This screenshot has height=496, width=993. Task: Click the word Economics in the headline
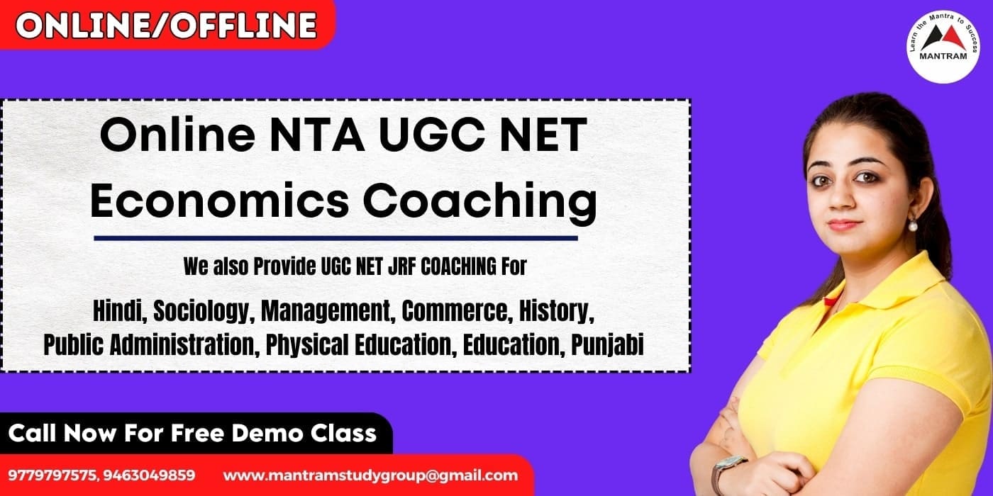click(219, 201)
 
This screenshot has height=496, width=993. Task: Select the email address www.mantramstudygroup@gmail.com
click(370, 475)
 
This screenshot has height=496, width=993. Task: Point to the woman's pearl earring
click(912, 225)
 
